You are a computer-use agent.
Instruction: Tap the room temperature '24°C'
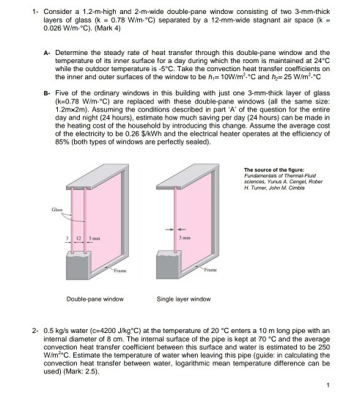pos(326,62)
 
